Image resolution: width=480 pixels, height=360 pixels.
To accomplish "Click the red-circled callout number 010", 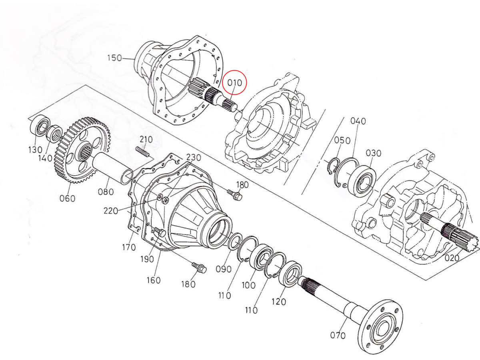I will coord(235,83).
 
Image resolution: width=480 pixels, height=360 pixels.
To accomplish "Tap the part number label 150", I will coord(114,58).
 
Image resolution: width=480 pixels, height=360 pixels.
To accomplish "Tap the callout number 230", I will coord(193,158).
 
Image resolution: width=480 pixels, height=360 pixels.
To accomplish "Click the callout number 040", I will coord(358,121).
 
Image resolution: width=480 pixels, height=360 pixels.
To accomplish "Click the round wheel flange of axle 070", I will coord(380,326).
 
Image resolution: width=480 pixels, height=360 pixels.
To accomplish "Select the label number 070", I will coord(338,335).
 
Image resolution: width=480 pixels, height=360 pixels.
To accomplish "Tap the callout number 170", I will coord(129,248).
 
